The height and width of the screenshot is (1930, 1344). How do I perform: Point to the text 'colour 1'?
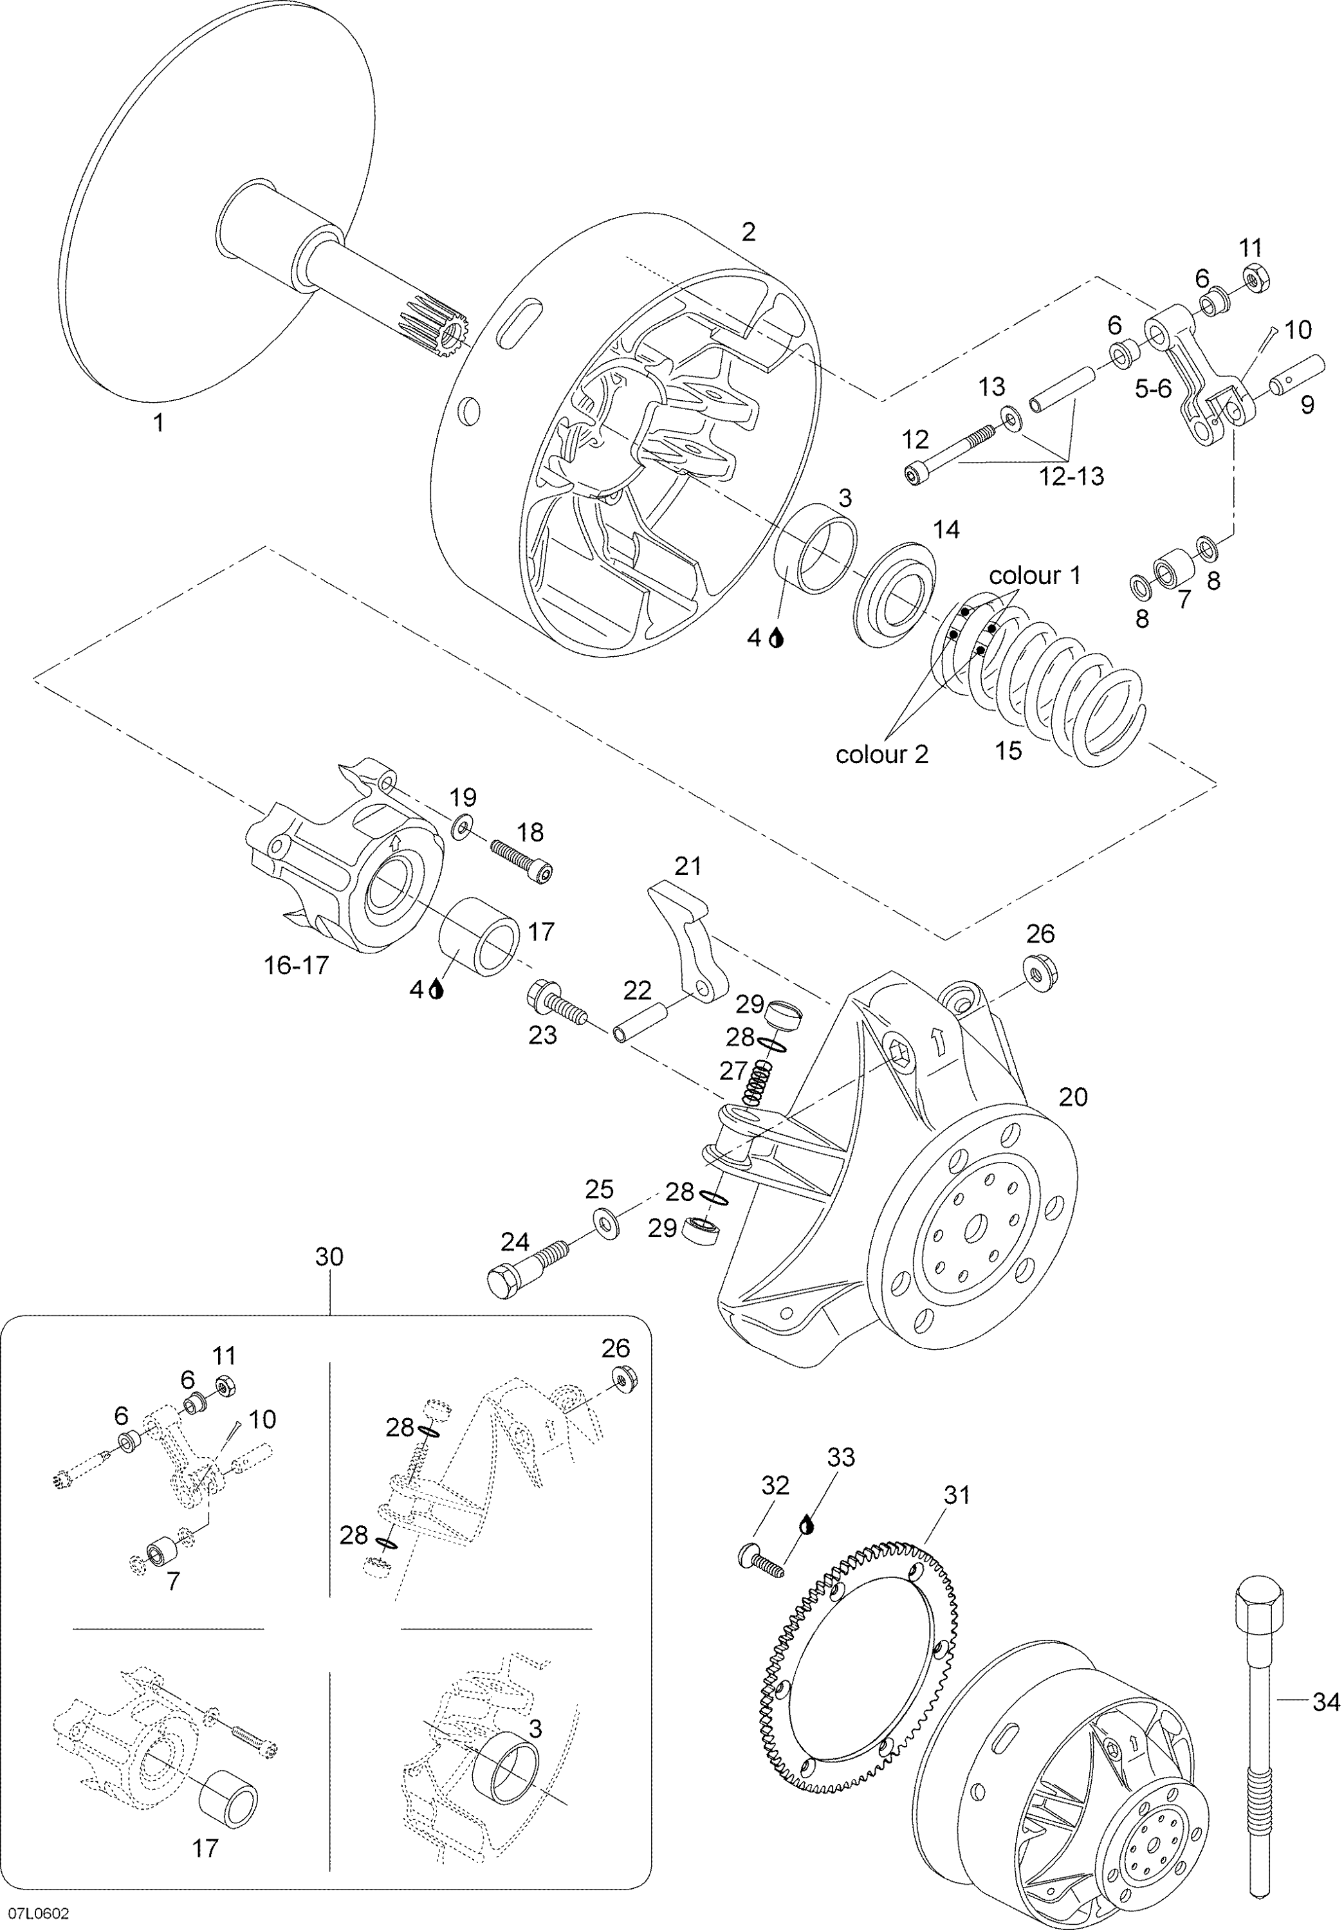[1034, 576]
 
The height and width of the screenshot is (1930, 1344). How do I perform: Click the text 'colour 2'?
[881, 754]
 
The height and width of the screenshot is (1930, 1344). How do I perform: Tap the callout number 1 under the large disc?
[157, 422]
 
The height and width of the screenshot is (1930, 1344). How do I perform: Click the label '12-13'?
[1071, 477]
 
